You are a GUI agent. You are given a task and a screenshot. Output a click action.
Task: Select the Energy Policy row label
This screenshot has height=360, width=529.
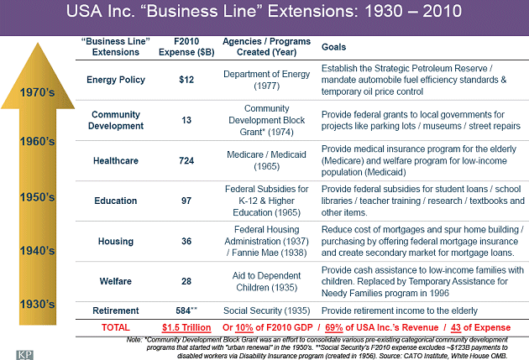(116, 81)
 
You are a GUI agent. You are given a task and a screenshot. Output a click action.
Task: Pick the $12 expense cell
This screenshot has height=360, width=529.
(187, 81)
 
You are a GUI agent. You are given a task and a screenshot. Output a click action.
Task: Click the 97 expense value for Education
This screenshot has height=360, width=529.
(187, 201)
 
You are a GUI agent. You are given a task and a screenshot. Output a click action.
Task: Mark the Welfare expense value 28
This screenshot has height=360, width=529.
(187, 281)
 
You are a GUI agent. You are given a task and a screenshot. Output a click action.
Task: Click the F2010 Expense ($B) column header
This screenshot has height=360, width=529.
(187, 47)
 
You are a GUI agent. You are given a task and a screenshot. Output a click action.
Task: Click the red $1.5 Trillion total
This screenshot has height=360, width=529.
(187, 326)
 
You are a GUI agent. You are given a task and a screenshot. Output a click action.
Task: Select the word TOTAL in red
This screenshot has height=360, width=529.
(116, 326)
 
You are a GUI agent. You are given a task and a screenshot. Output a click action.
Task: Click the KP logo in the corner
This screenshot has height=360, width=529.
(16, 351)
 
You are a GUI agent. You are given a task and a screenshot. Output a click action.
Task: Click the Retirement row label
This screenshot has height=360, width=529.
(116, 310)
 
